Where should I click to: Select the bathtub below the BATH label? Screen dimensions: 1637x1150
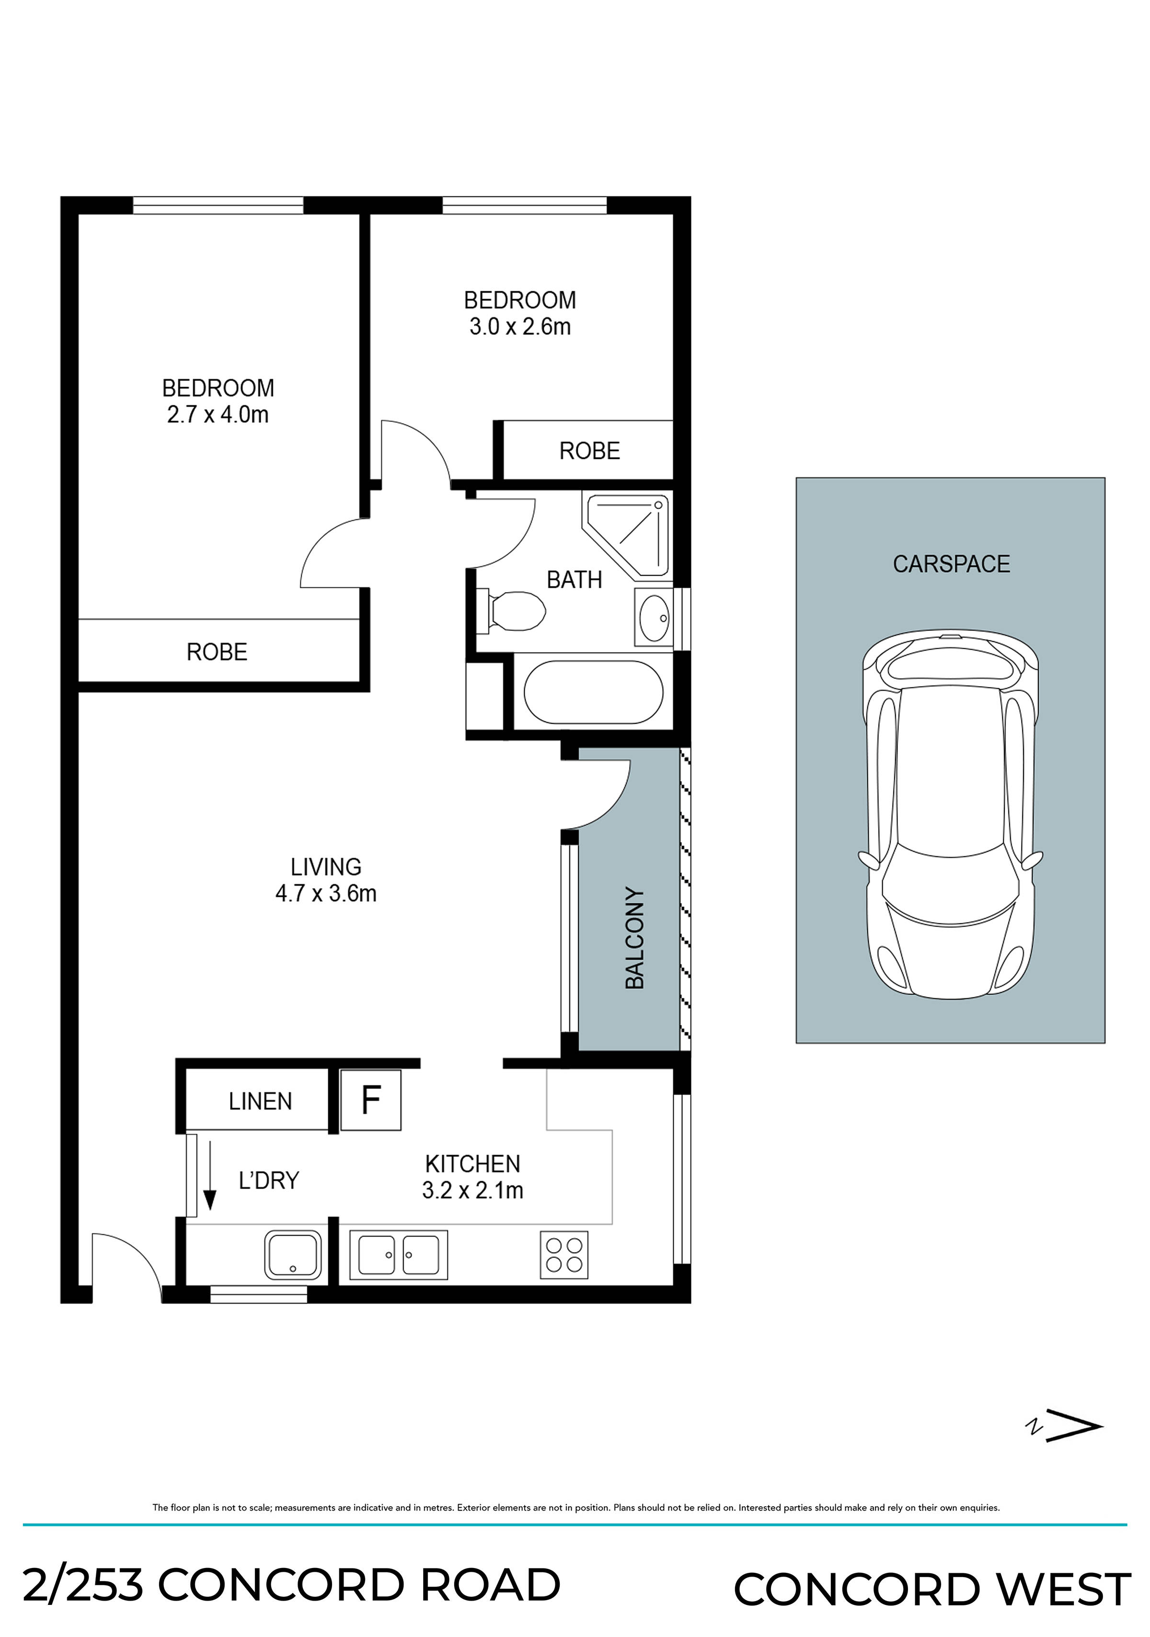[593, 692]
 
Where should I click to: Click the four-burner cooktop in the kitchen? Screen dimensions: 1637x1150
[564, 1255]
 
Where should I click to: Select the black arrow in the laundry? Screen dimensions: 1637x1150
[209, 1176]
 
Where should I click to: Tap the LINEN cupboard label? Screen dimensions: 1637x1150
[260, 1101]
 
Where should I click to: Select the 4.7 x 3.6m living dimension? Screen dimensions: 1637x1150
[326, 893]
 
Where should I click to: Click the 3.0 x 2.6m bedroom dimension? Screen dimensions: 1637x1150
[520, 327]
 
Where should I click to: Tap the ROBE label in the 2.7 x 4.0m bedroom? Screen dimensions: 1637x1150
[217, 652]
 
